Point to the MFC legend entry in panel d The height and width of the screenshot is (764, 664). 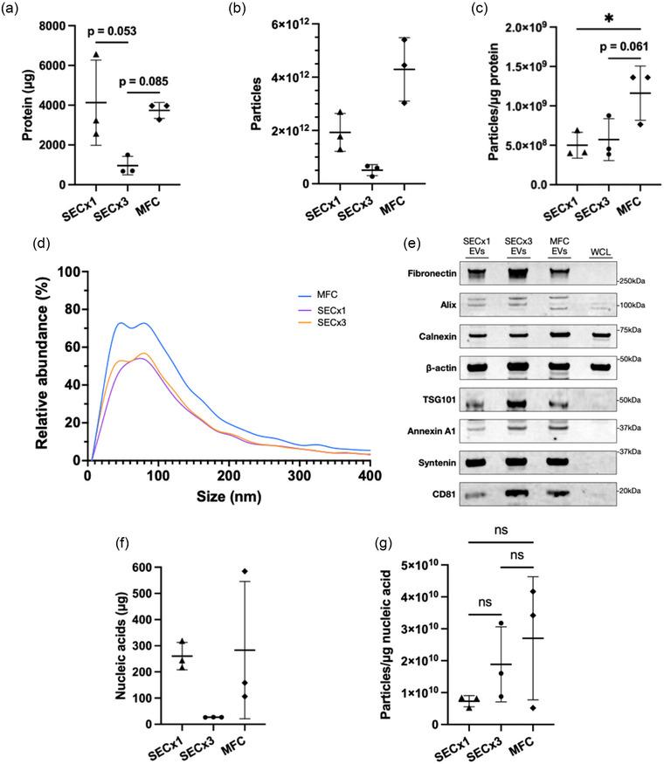coord(318,296)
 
